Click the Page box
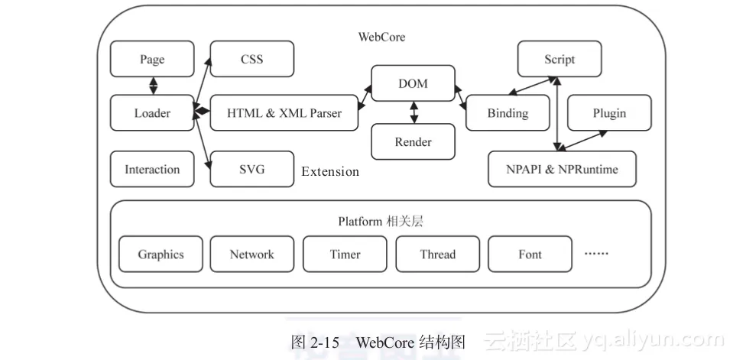pyautogui.click(x=152, y=60)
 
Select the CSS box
pyautogui.click(x=251, y=59)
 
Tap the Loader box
pyautogui.click(x=152, y=113)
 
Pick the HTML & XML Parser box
pyautogui.click(x=284, y=113)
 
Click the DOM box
pyautogui.click(x=413, y=83)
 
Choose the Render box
pyautogui.click(x=413, y=141)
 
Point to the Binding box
pyautogui.click(x=508, y=113)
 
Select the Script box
pyautogui.click(x=559, y=60)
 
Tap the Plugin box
pyautogui.click(x=609, y=113)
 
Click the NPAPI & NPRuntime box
pyautogui.click(x=561, y=170)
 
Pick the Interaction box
pyautogui.click(x=152, y=170)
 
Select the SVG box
pyautogui.click(x=251, y=169)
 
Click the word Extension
pyautogui.click(x=330, y=172)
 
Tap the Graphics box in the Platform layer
pyautogui.click(x=161, y=255)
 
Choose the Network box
pyautogui.click(x=251, y=255)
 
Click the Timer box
pyautogui.click(x=345, y=255)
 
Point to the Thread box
pyautogui.click(x=437, y=255)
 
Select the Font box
pyautogui.click(x=530, y=255)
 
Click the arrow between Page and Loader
pyautogui.click(x=153, y=86)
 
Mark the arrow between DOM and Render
pyautogui.click(x=414, y=112)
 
